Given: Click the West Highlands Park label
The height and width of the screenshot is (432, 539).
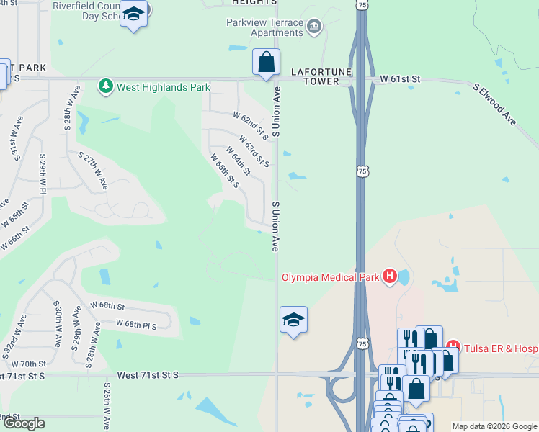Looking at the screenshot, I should [164, 87].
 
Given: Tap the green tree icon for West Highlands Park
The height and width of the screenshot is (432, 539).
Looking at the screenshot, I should [106, 87].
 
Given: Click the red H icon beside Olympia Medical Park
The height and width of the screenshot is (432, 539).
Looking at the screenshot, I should [390, 276].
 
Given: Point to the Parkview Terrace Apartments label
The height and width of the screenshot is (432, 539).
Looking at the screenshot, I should [264, 27].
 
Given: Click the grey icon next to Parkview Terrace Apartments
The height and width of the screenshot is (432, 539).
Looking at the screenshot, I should [314, 27].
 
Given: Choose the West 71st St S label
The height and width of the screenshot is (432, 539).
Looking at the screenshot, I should [147, 375].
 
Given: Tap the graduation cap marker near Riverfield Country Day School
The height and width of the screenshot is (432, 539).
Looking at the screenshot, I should [134, 14].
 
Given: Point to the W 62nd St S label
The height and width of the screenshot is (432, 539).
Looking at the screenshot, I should [251, 126].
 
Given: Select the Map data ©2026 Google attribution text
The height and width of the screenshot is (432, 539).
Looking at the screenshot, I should [494, 426].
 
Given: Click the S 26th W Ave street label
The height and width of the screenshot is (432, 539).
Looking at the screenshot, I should [107, 407].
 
